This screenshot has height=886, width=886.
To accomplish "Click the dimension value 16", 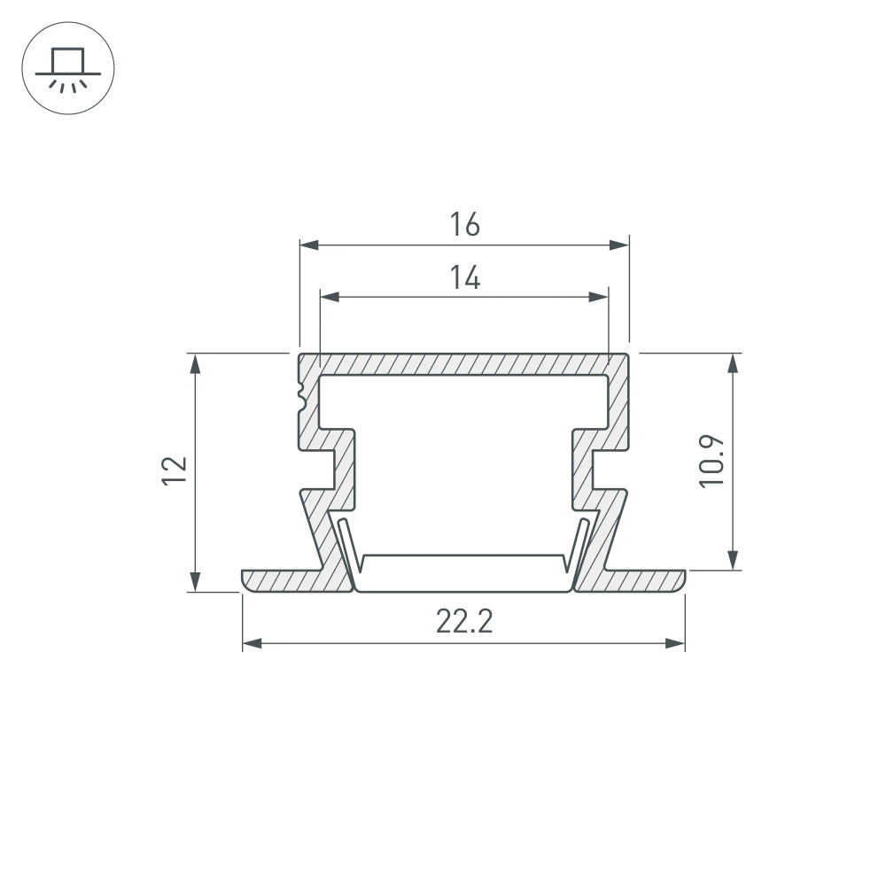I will point(463,225).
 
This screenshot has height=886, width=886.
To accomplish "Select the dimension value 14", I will point(463,278).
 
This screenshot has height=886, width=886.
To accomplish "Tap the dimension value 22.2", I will point(463,623).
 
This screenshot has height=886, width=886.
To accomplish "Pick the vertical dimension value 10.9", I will point(711,460).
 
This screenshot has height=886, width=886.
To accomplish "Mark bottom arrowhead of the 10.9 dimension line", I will point(733,560).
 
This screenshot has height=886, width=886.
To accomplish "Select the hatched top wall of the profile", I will point(463,364).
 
